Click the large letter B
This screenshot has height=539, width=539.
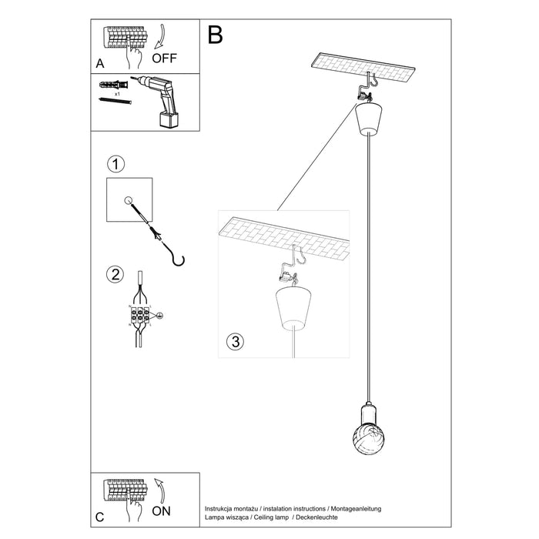coord(215,35)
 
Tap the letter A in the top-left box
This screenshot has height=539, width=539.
coord(100,64)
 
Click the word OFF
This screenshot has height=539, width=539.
coord(166,58)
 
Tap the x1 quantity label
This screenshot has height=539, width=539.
coord(118,92)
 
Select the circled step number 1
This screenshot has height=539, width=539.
coord(115,165)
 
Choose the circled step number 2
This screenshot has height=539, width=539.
coord(115,275)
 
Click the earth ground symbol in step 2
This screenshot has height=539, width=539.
coord(160,316)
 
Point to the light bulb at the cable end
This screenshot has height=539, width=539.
coord(367,422)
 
